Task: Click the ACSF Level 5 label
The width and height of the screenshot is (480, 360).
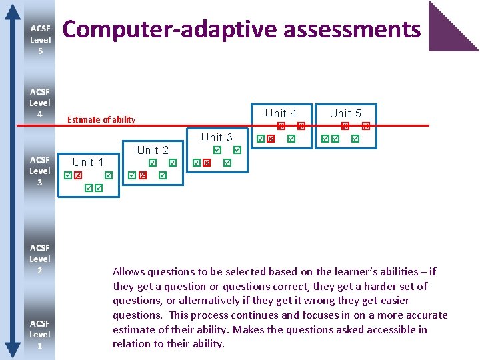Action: (40, 39)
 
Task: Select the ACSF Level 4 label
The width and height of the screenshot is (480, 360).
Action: (40, 103)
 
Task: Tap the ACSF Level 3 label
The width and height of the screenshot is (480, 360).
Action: (40, 171)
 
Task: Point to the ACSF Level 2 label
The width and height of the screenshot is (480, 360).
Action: (40, 259)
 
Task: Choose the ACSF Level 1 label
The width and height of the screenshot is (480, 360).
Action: (40, 334)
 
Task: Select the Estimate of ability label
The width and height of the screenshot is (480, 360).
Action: (101, 120)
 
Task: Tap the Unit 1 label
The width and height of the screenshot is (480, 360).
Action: (88, 162)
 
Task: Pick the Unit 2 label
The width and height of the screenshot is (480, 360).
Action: (153, 150)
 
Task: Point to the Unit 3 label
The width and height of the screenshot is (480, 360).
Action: (217, 137)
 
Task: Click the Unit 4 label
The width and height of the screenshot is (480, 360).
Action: (281, 113)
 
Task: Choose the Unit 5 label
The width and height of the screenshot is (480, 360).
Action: (345, 113)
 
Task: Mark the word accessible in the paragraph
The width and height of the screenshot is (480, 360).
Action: (390, 329)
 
